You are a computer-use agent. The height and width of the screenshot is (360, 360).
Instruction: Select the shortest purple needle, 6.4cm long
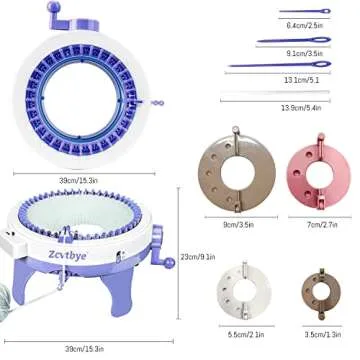pyautogui.click(x=294, y=14)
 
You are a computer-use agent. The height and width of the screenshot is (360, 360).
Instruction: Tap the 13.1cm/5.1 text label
pyautogui.click(x=301, y=80)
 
